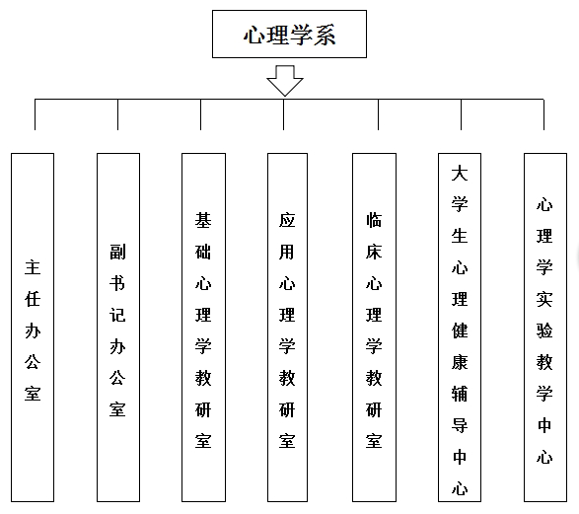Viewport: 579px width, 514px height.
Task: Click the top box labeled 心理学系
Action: pyautogui.click(x=289, y=34)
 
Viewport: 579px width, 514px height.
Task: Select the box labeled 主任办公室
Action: pyautogui.click(x=33, y=328)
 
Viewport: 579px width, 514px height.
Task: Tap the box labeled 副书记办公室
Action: pyautogui.click(x=118, y=328)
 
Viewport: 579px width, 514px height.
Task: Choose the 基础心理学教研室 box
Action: pyautogui.click(x=203, y=328)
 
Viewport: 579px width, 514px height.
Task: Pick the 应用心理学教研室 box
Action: pyautogui.click(x=287, y=328)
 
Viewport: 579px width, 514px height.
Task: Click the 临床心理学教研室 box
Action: pyautogui.click(x=374, y=328)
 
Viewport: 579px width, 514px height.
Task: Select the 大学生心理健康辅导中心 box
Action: pyautogui.click(x=460, y=328)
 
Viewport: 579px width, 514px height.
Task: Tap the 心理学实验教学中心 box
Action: pyautogui.click(x=545, y=328)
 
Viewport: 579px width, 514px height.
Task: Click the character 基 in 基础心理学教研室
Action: pyautogui.click(x=203, y=220)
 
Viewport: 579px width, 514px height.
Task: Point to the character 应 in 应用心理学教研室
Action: pyautogui.click(x=287, y=220)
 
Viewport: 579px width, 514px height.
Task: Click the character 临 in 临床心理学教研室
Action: pyautogui.click(x=374, y=220)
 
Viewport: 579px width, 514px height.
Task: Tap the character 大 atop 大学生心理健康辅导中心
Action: pyautogui.click(x=460, y=174)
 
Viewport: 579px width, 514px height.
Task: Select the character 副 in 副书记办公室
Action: pyautogui.click(x=117, y=252)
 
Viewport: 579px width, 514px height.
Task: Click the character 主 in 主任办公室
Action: pyautogui.click(x=33, y=267)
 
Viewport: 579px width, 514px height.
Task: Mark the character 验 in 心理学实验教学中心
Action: pyautogui.click(x=544, y=330)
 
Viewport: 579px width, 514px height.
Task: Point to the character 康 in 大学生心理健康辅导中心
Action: pyautogui.click(x=460, y=362)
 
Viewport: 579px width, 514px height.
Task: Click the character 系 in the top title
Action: pyautogui.click(x=325, y=36)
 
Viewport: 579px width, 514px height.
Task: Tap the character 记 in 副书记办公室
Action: pyautogui.click(x=117, y=315)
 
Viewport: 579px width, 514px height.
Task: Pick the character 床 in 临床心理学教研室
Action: pyautogui.click(x=374, y=253)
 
